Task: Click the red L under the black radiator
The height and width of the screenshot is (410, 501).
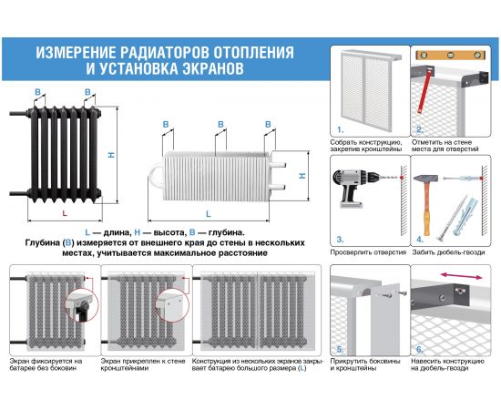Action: [65, 213]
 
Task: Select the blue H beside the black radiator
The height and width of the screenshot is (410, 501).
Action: [111, 155]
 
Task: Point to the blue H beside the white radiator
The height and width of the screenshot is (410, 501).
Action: [302, 176]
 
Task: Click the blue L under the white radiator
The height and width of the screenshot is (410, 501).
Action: [209, 214]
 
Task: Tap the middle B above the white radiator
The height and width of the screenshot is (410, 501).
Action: [220, 124]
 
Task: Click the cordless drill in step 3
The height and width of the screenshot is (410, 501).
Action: [354, 187]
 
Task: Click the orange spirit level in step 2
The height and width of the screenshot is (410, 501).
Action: [451, 55]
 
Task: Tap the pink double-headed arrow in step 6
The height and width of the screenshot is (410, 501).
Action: [461, 276]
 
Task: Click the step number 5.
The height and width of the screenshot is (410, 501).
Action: [341, 350]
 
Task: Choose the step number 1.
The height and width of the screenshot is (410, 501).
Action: [340, 130]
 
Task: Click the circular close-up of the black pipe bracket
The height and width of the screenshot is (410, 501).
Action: [82, 304]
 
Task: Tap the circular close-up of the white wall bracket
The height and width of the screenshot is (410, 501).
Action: [172, 305]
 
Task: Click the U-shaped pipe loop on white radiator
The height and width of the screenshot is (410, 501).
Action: [156, 175]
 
